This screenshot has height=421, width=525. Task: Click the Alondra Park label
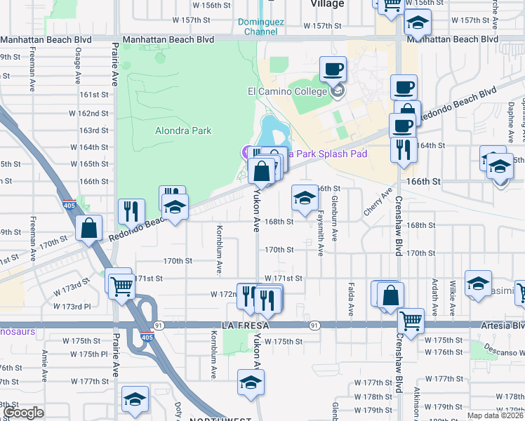(183, 131)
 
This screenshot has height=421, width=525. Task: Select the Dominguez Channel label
(261, 27)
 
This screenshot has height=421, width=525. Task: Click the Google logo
(22, 413)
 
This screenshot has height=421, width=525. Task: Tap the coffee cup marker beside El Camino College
(333, 70)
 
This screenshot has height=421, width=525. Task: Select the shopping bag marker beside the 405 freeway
(89, 228)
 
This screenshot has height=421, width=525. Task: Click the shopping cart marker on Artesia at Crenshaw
(411, 321)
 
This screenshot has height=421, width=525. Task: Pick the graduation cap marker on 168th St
(305, 199)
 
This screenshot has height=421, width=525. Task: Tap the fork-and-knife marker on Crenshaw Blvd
(402, 149)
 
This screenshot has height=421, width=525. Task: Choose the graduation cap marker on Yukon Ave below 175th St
(250, 383)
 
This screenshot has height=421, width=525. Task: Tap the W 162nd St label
(93, 114)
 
